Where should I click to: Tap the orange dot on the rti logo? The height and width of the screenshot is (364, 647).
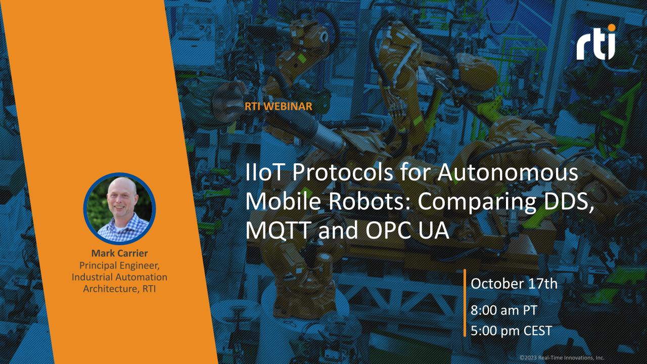pyautogui.click(x=612, y=28)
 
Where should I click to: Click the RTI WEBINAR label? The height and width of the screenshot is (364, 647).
pyautogui.click(x=279, y=106)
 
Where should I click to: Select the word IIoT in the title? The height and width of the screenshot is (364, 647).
pyautogui.click(x=264, y=172)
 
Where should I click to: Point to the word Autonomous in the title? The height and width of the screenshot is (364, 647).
pyautogui.click(x=508, y=172)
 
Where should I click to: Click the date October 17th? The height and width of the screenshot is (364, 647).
pyautogui.click(x=514, y=284)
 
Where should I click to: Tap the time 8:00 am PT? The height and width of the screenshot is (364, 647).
pyautogui.click(x=504, y=310)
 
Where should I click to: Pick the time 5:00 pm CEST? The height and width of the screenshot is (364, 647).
pyautogui.click(x=512, y=331)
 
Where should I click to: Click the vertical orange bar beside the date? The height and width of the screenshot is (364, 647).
pyautogui.click(x=465, y=303)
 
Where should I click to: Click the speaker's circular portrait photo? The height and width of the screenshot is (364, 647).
pyautogui.click(x=120, y=209)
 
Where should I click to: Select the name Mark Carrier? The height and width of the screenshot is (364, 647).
pyautogui.click(x=120, y=253)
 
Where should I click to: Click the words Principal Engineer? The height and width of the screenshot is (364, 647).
pyautogui.click(x=119, y=265)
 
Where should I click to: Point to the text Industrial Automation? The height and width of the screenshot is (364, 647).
pyautogui.click(x=120, y=277)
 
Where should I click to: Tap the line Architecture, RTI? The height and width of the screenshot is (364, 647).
pyautogui.click(x=120, y=289)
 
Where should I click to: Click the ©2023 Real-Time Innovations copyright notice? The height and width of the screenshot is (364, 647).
pyautogui.click(x=562, y=357)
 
